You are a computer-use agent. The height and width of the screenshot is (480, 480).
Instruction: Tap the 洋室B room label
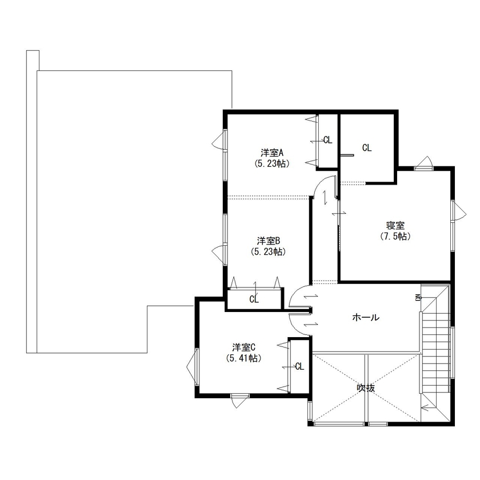[267, 240]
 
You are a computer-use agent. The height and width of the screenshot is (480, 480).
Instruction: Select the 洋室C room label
[243, 347]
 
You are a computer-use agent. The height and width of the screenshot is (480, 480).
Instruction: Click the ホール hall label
[366, 318]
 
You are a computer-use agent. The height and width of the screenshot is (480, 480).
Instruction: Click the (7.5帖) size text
[395, 236]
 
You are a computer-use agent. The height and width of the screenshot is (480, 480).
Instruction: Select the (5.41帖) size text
[243, 358]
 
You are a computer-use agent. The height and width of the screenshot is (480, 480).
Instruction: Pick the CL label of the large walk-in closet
[366, 147]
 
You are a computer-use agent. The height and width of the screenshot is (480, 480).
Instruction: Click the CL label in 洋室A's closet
[327, 139]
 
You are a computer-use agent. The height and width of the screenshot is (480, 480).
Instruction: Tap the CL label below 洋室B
[254, 299]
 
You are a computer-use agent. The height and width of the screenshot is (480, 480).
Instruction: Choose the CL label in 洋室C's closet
[299, 366]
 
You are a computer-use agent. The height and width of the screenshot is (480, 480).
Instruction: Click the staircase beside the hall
[437, 349]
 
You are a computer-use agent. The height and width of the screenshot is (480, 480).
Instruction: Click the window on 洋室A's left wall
[224, 141]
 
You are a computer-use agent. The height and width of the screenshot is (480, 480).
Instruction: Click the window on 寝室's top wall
[423, 166]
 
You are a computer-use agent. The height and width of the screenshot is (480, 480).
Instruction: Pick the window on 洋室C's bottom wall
[239, 396]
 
